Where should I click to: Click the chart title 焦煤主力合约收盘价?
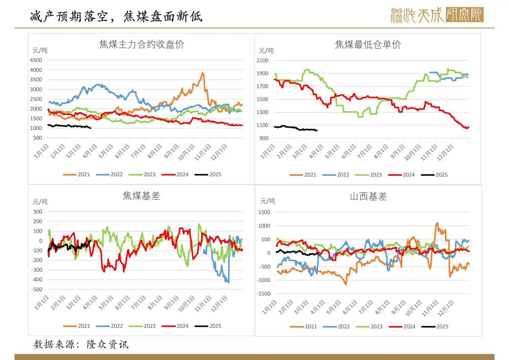pyautogui.click(x=141, y=45)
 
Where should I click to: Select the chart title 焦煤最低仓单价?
pyautogui.click(x=368, y=45)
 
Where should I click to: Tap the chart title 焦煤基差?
pyautogui.click(x=141, y=196)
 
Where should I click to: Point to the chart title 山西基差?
pyautogui.click(x=368, y=197)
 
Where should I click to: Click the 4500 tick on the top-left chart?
pyautogui.click(x=36, y=60)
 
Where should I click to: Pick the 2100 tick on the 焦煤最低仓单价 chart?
pyautogui.click(x=262, y=60)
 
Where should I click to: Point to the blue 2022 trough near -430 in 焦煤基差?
pyautogui.click(x=228, y=282)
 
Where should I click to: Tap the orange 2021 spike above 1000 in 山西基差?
pyautogui.click(x=437, y=223)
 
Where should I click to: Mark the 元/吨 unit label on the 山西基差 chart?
pyautogui.click(x=267, y=201)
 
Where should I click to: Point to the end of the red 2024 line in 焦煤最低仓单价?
pyautogui.click(x=468, y=127)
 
